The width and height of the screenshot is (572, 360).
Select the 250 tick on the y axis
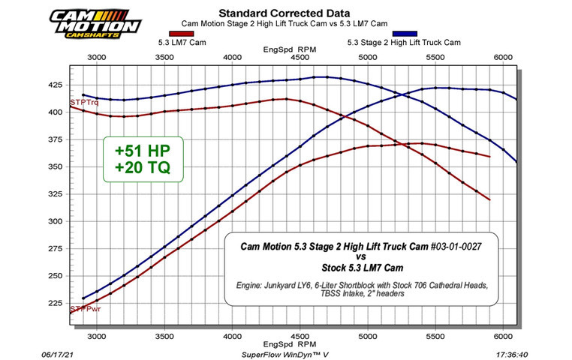(x=57, y=276)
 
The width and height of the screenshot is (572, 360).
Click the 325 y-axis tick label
(x=57, y=193)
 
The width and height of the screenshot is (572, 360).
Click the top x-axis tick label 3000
(x=96, y=56)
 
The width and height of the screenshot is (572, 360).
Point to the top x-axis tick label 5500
(x=435, y=56)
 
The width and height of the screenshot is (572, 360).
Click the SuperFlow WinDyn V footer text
(x=286, y=352)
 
